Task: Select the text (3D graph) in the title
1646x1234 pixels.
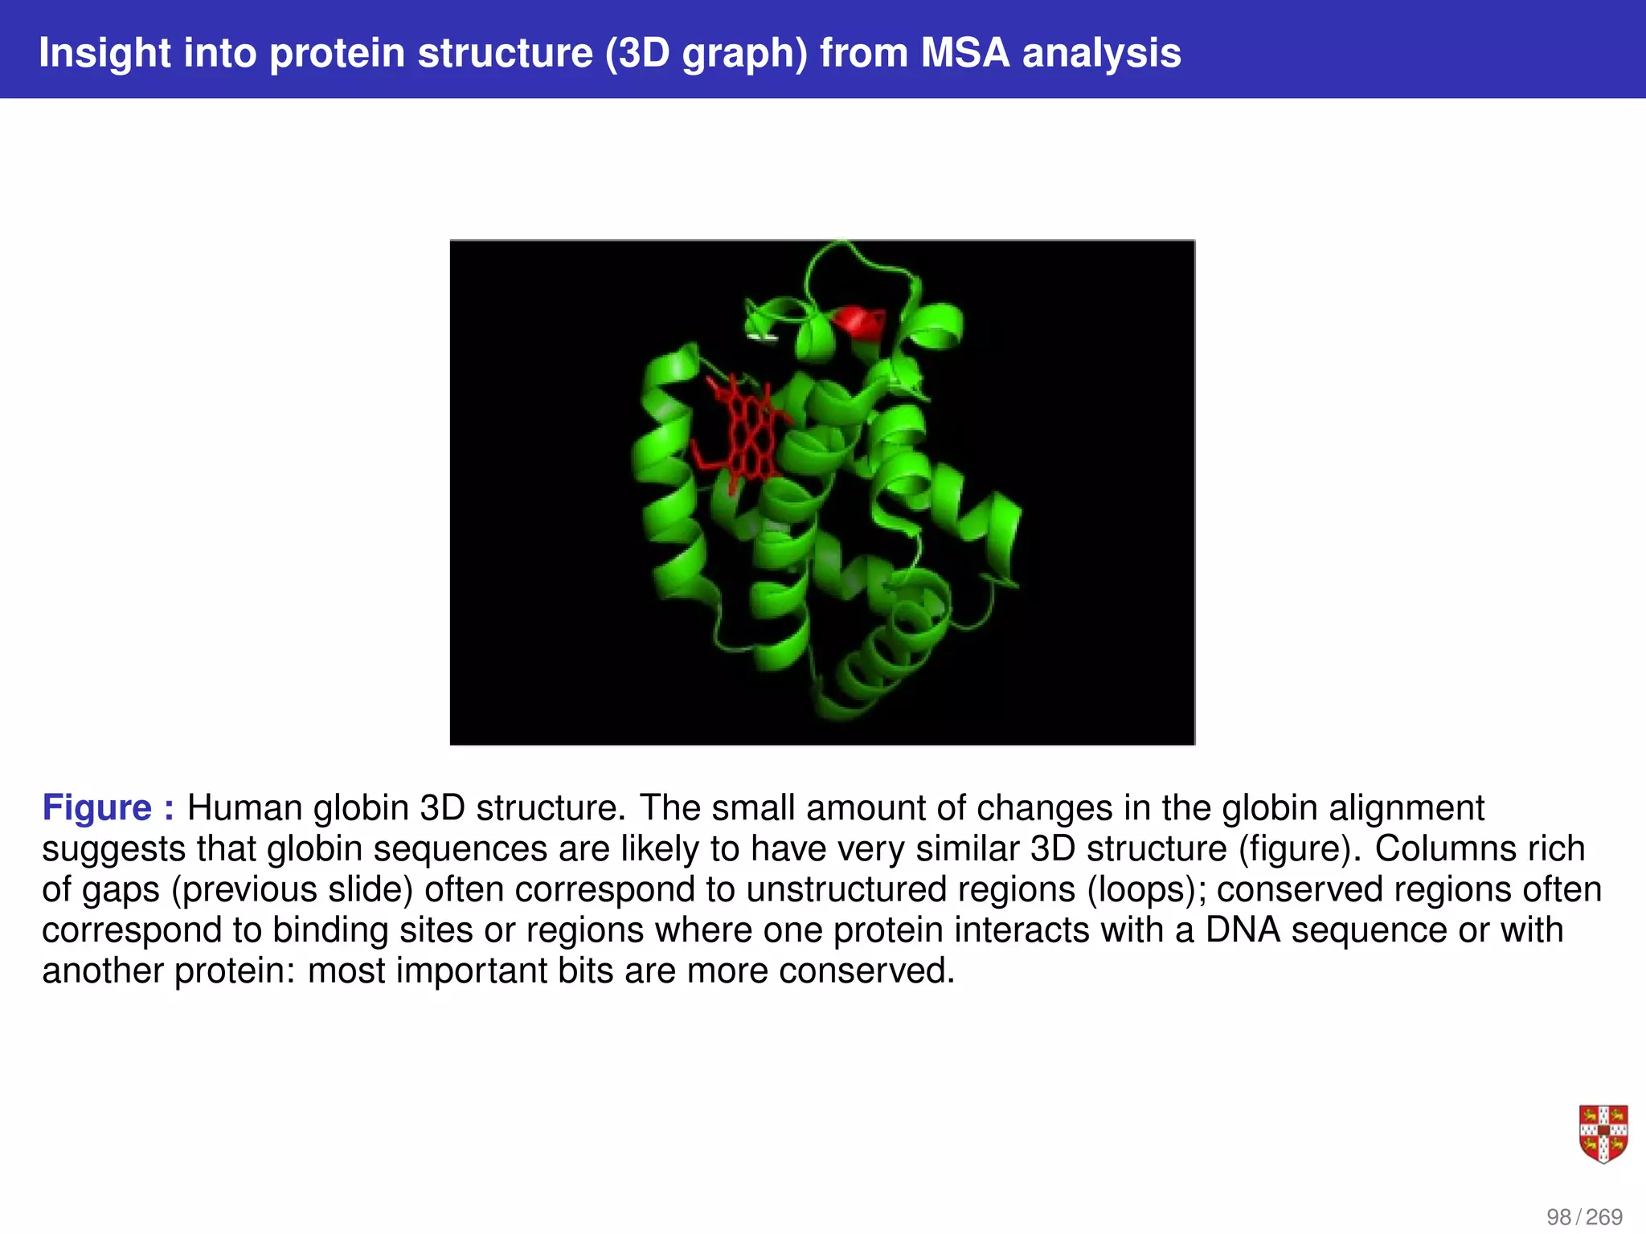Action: (x=706, y=53)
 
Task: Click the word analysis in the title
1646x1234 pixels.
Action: (x=1101, y=53)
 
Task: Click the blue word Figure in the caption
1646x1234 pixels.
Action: (x=96, y=807)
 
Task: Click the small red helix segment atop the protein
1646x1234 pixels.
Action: (x=858, y=321)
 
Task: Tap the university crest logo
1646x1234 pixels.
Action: (x=1603, y=1134)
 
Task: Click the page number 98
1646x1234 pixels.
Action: (x=1558, y=1217)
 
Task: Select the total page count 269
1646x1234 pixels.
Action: (x=1604, y=1217)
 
